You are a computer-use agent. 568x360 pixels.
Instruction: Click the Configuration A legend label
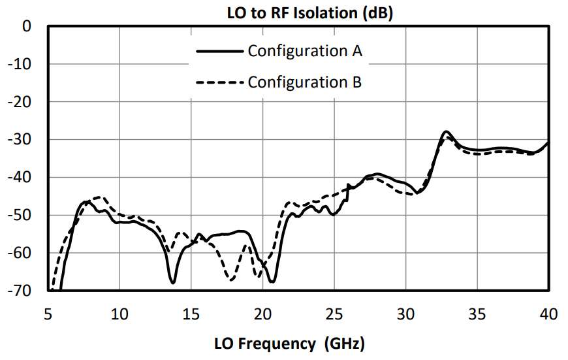(x=305, y=51)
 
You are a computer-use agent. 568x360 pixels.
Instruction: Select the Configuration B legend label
(x=305, y=82)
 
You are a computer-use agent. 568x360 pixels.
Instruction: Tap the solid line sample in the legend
(x=220, y=51)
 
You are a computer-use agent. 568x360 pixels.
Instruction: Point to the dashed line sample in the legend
(x=220, y=83)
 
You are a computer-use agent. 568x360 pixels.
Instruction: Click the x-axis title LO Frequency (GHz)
(x=289, y=343)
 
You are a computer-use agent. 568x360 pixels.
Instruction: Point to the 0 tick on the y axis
(x=27, y=27)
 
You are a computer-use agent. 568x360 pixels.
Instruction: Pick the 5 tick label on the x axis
(x=48, y=314)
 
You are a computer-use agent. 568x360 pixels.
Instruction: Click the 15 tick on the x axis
(x=191, y=314)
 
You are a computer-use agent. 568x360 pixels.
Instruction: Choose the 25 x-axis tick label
(x=334, y=314)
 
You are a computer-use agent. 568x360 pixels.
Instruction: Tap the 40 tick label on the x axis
(x=549, y=314)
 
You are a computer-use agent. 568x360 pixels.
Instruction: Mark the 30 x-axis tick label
(x=406, y=314)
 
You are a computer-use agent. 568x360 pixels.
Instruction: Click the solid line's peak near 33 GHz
(x=447, y=132)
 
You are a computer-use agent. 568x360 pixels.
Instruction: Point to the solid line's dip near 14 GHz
(x=173, y=282)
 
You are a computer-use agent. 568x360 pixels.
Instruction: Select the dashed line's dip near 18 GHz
(x=230, y=280)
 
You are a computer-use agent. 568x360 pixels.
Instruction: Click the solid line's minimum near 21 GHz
(x=272, y=282)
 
